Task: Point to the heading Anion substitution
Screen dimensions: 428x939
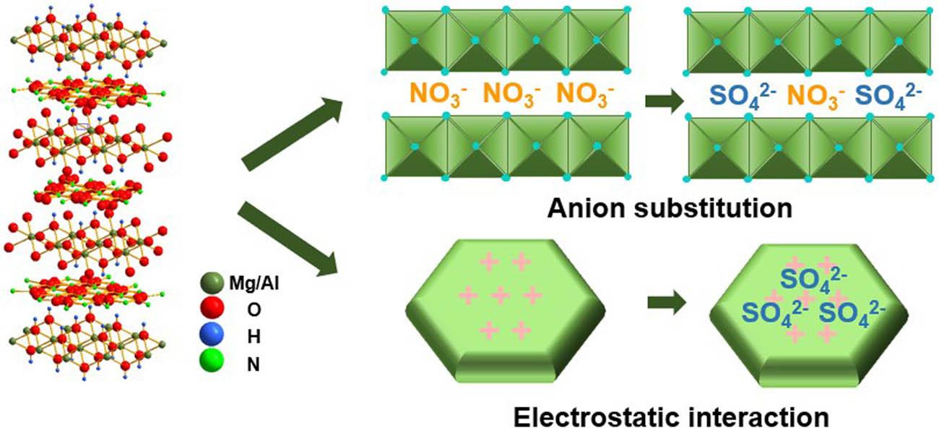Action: coord(670,210)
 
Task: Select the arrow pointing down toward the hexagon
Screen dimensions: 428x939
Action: coord(288,239)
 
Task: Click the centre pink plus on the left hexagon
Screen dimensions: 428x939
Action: coord(500,295)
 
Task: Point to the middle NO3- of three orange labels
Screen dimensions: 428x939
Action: coord(511,96)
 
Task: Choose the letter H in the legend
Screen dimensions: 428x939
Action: coord(254,338)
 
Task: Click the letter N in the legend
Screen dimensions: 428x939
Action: coord(254,364)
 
